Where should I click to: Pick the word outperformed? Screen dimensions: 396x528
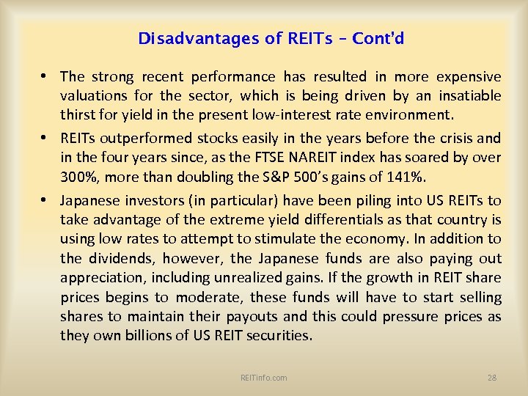tap(134, 138)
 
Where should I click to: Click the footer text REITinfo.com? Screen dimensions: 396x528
tap(263, 378)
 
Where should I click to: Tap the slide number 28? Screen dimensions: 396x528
tap(492, 378)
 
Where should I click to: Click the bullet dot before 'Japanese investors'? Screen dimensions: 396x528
tap(45, 199)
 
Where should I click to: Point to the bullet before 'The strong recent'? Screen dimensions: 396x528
tap(45, 76)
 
